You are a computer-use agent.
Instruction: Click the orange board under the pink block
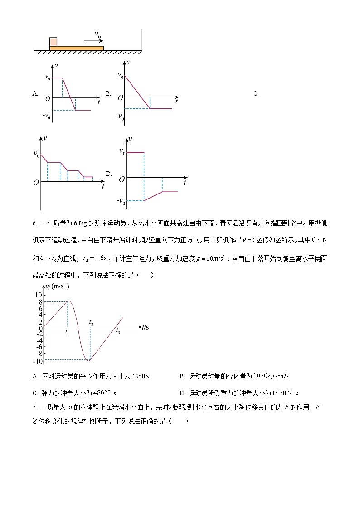pos(77,48)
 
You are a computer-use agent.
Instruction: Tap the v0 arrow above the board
pos(93,41)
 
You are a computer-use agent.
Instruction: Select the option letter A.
pos(35,94)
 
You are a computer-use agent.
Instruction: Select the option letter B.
pos(108,94)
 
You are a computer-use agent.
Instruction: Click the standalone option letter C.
pos(256,94)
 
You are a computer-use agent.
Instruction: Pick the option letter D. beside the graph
pos(109,174)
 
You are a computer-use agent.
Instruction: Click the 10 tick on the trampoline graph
pos(39,295)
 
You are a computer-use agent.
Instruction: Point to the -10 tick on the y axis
pos(39,361)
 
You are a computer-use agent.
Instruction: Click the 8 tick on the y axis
pos(40,302)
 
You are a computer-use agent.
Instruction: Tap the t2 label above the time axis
pos(91,322)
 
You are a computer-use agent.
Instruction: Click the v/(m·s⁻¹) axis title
pos(58,286)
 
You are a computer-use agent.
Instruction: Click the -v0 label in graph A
pos(46,119)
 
